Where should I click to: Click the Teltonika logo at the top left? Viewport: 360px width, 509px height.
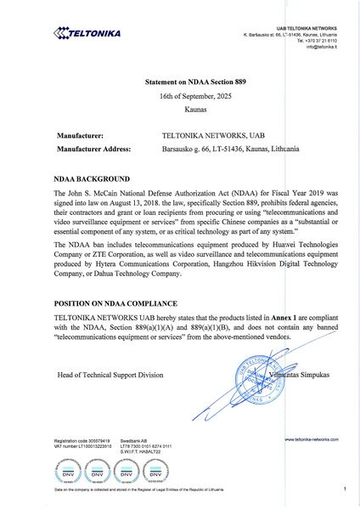tap(87, 34)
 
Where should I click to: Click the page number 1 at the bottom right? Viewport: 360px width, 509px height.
tap(346, 490)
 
